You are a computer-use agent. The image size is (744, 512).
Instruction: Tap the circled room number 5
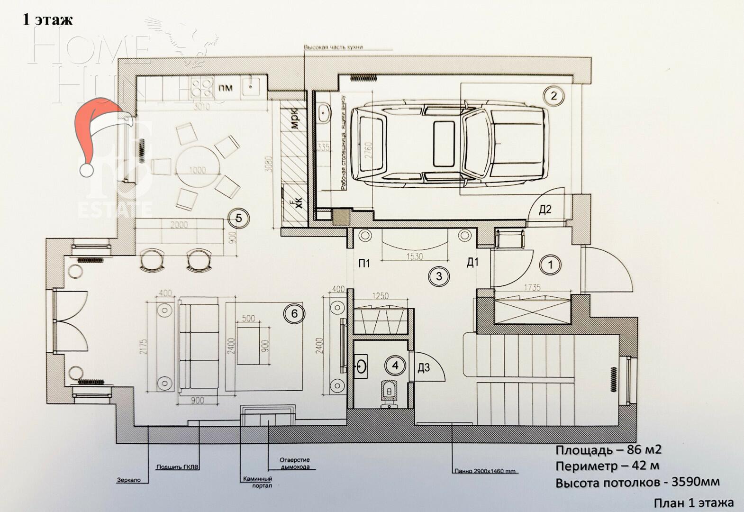[x=238, y=218]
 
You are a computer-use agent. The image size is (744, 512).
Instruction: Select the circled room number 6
[x=294, y=314]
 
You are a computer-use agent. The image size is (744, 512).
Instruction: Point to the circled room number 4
[x=396, y=365]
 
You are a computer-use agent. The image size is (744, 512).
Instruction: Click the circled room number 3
[x=439, y=275]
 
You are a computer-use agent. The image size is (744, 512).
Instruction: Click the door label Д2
[x=545, y=209]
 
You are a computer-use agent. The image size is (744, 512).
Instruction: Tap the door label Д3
[x=424, y=367]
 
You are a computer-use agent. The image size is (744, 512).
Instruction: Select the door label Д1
[x=472, y=263]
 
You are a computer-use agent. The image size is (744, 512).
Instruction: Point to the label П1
[x=364, y=263]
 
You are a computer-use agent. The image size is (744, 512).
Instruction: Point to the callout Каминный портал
[x=257, y=482]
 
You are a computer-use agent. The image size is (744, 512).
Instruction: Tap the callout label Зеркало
[x=128, y=480]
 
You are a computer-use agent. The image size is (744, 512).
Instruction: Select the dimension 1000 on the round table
[x=198, y=170]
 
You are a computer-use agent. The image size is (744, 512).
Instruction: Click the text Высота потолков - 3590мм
[x=637, y=483]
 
